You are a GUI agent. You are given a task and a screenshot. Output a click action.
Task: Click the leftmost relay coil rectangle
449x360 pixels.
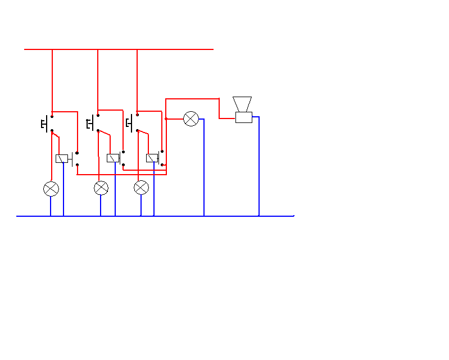click(x=62, y=158)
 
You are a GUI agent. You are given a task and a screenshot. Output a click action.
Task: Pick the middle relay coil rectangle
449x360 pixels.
click(x=113, y=158)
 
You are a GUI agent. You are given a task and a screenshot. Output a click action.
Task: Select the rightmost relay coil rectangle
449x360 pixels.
click(x=152, y=158)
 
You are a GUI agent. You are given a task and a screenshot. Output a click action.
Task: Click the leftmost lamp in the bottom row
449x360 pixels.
click(x=51, y=189)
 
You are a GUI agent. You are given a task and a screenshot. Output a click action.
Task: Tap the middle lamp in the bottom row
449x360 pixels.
click(x=101, y=188)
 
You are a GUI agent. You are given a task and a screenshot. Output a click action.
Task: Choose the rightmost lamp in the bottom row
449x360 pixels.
click(x=141, y=188)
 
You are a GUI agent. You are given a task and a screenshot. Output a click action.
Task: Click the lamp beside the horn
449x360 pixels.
click(x=191, y=119)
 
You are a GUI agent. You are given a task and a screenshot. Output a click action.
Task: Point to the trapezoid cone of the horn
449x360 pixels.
click(x=242, y=104)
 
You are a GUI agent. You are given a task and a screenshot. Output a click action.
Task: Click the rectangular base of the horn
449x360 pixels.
click(x=244, y=117)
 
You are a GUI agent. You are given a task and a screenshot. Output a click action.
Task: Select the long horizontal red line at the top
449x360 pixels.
click(x=119, y=49)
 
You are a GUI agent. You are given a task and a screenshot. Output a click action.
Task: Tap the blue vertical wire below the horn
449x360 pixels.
click(x=259, y=168)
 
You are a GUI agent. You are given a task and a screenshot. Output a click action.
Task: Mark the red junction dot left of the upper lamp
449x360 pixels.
click(x=166, y=119)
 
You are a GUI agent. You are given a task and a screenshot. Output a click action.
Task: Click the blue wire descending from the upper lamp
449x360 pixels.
click(x=204, y=168)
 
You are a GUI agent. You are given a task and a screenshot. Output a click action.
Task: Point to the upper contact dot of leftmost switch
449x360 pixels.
click(x=52, y=117)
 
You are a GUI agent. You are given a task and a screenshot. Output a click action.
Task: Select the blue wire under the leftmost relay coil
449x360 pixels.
click(x=64, y=191)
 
